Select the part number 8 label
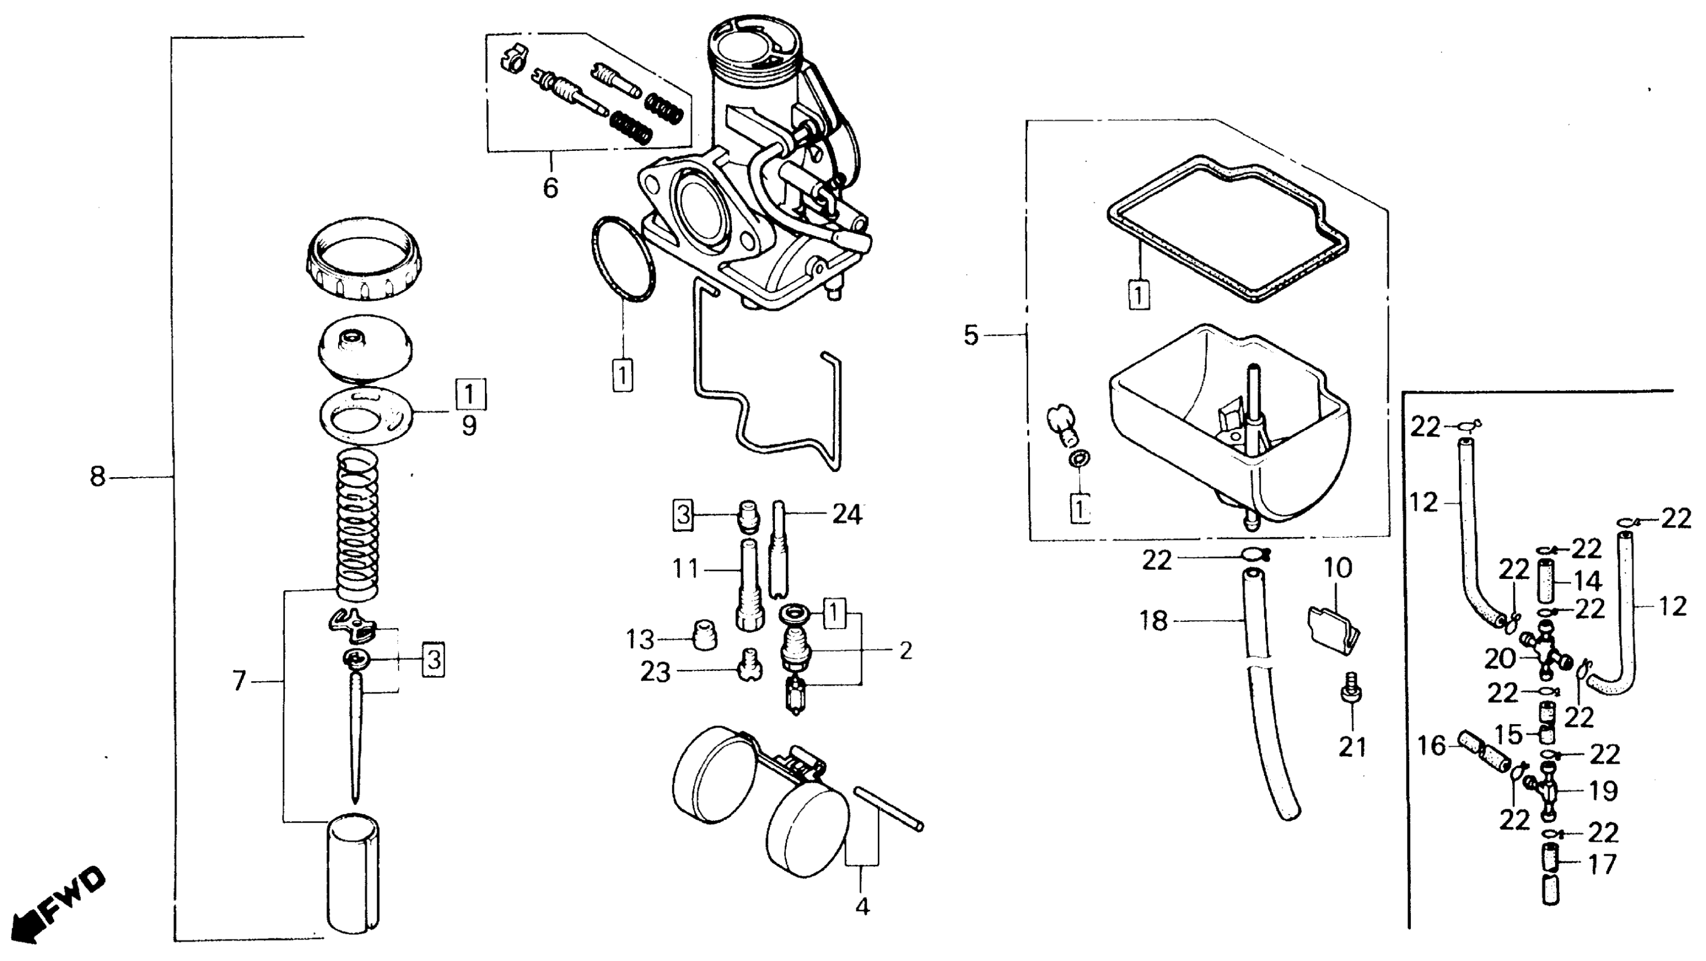coord(97,476)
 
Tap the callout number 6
coord(551,188)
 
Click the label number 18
coord(1153,621)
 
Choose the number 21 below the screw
coord(1352,748)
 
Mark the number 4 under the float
coord(861,906)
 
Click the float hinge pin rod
coord(887,808)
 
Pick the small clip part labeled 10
coord(1332,630)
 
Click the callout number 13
coord(640,640)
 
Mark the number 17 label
coord(1602,865)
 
